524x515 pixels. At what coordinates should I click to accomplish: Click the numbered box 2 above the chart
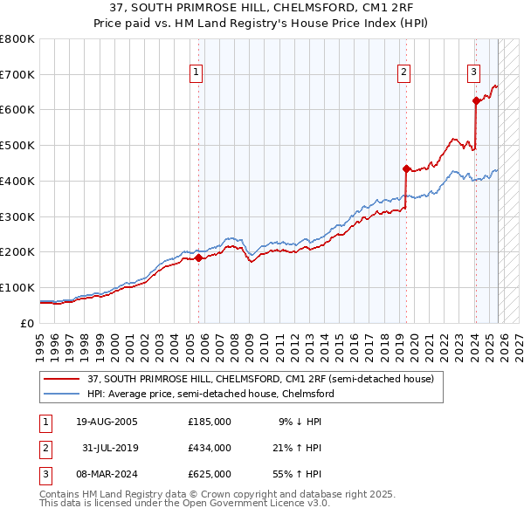(x=404, y=72)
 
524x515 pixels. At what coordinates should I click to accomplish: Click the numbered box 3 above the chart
(x=473, y=72)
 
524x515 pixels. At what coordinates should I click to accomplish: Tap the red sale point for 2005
(x=198, y=257)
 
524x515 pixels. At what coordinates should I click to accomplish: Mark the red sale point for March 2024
(x=476, y=101)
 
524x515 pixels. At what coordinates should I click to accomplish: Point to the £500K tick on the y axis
(x=17, y=146)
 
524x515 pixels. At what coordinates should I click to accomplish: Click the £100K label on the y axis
(x=17, y=288)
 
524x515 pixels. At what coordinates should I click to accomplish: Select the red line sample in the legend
(x=61, y=380)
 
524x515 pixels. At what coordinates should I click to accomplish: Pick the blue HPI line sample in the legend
(x=61, y=394)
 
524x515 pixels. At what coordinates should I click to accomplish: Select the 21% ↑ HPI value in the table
(x=300, y=448)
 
